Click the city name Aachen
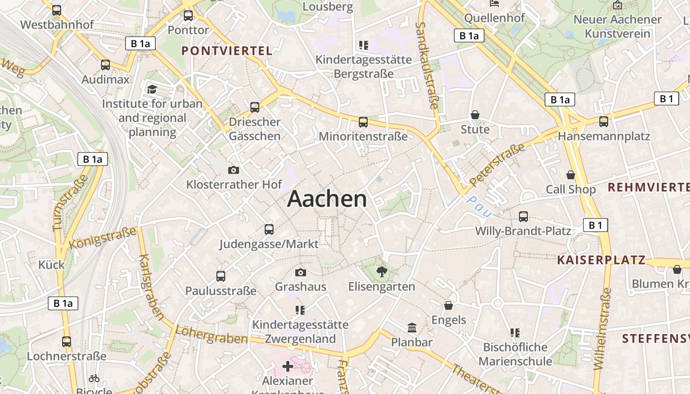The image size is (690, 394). (x=327, y=198)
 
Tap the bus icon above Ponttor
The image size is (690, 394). (x=188, y=15)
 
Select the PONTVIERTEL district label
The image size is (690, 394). (x=227, y=51)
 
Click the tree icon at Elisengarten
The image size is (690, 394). (x=381, y=271)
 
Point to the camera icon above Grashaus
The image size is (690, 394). (x=300, y=272)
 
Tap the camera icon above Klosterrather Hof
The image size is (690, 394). (x=234, y=170)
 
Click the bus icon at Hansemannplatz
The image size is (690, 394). (x=604, y=122)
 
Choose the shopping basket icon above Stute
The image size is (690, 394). (x=475, y=115)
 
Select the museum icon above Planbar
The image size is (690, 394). (x=412, y=328)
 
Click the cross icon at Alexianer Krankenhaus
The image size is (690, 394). (x=288, y=366)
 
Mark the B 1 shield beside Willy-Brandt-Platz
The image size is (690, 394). (x=595, y=226)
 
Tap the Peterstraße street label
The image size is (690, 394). (x=497, y=165)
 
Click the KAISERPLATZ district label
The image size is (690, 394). (x=601, y=260)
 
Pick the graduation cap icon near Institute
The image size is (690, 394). (x=152, y=89)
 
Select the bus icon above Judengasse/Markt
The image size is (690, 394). (x=269, y=229)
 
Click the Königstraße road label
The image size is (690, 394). (x=103, y=237)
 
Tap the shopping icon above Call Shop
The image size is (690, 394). (x=570, y=175)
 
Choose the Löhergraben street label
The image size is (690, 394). (x=211, y=335)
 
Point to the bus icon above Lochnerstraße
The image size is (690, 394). (x=67, y=341)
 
